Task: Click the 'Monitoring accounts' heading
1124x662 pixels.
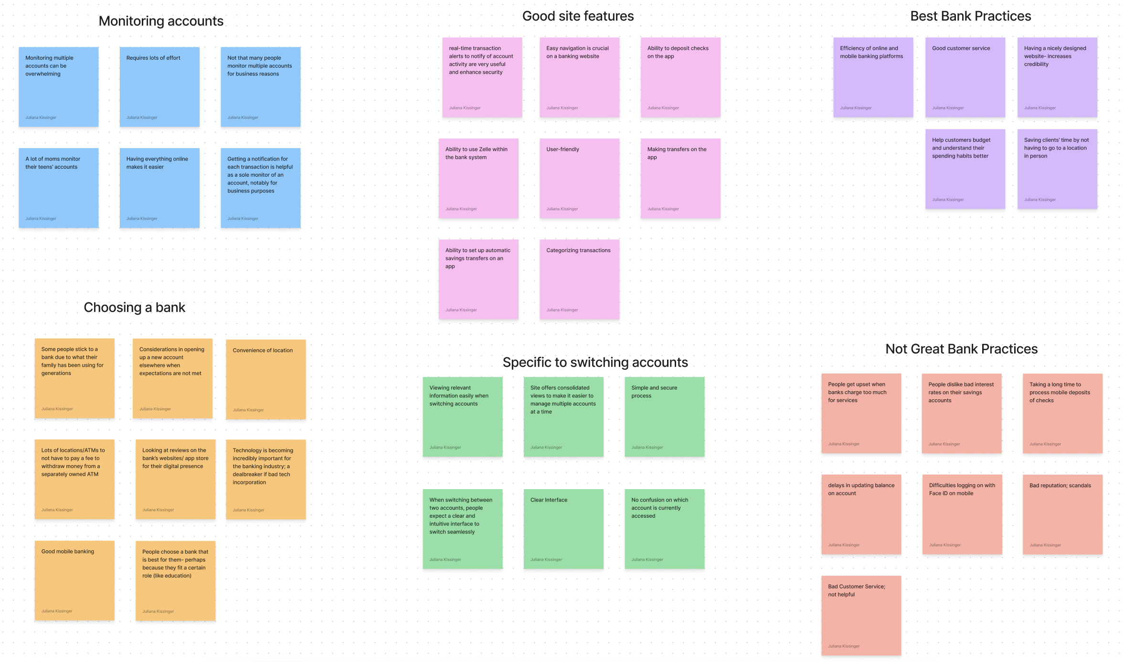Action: (161, 21)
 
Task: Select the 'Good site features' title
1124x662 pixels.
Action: (578, 16)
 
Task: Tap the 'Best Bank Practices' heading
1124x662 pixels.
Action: (970, 16)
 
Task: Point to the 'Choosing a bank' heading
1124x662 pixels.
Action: (134, 307)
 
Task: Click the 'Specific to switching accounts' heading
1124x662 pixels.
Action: (595, 362)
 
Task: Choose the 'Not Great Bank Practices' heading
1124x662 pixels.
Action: (961, 349)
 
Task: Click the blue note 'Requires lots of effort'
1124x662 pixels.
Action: (159, 86)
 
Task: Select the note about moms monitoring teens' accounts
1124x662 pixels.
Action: (59, 188)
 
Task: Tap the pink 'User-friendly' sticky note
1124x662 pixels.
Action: (579, 178)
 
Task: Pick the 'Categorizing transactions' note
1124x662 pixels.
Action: (579, 279)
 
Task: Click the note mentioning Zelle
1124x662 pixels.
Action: (478, 178)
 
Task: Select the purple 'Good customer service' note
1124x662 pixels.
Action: (965, 77)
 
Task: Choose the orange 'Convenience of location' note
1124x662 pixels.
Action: (265, 379)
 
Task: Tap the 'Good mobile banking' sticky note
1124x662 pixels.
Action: (74, 580)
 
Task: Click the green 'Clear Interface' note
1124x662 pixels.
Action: (563, 529)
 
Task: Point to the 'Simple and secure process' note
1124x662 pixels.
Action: (664, 416)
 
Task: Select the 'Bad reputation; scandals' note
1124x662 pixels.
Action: (1062, 514)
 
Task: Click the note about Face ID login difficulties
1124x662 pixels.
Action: (962, 514)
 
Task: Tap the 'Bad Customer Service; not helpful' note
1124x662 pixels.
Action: (861, 615)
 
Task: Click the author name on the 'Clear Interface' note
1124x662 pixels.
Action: (546, 559)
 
